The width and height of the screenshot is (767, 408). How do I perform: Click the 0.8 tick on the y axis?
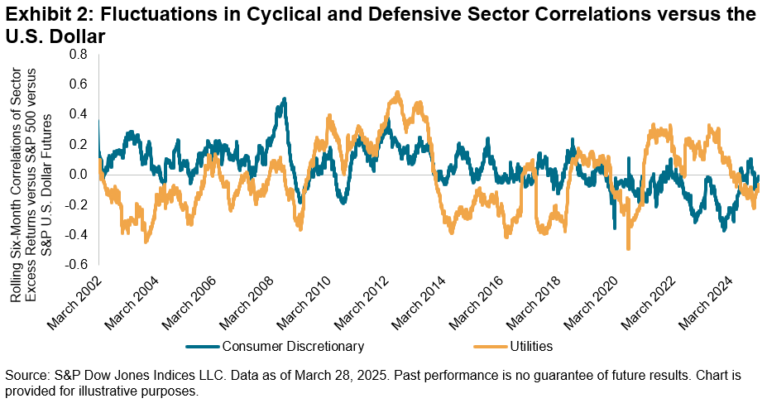coord(78,55)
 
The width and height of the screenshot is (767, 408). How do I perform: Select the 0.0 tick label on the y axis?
coord(78,175)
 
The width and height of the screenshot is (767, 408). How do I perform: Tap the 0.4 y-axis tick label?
coord(78,114)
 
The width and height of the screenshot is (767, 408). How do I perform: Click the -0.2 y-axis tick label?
coord(76,204)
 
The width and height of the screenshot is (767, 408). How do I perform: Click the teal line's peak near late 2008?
coord(285,99)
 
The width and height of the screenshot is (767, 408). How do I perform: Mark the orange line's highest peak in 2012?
coord(399,93)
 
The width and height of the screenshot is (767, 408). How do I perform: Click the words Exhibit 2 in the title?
coord(39,15)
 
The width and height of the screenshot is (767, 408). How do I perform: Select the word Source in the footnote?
coord(26,375)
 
